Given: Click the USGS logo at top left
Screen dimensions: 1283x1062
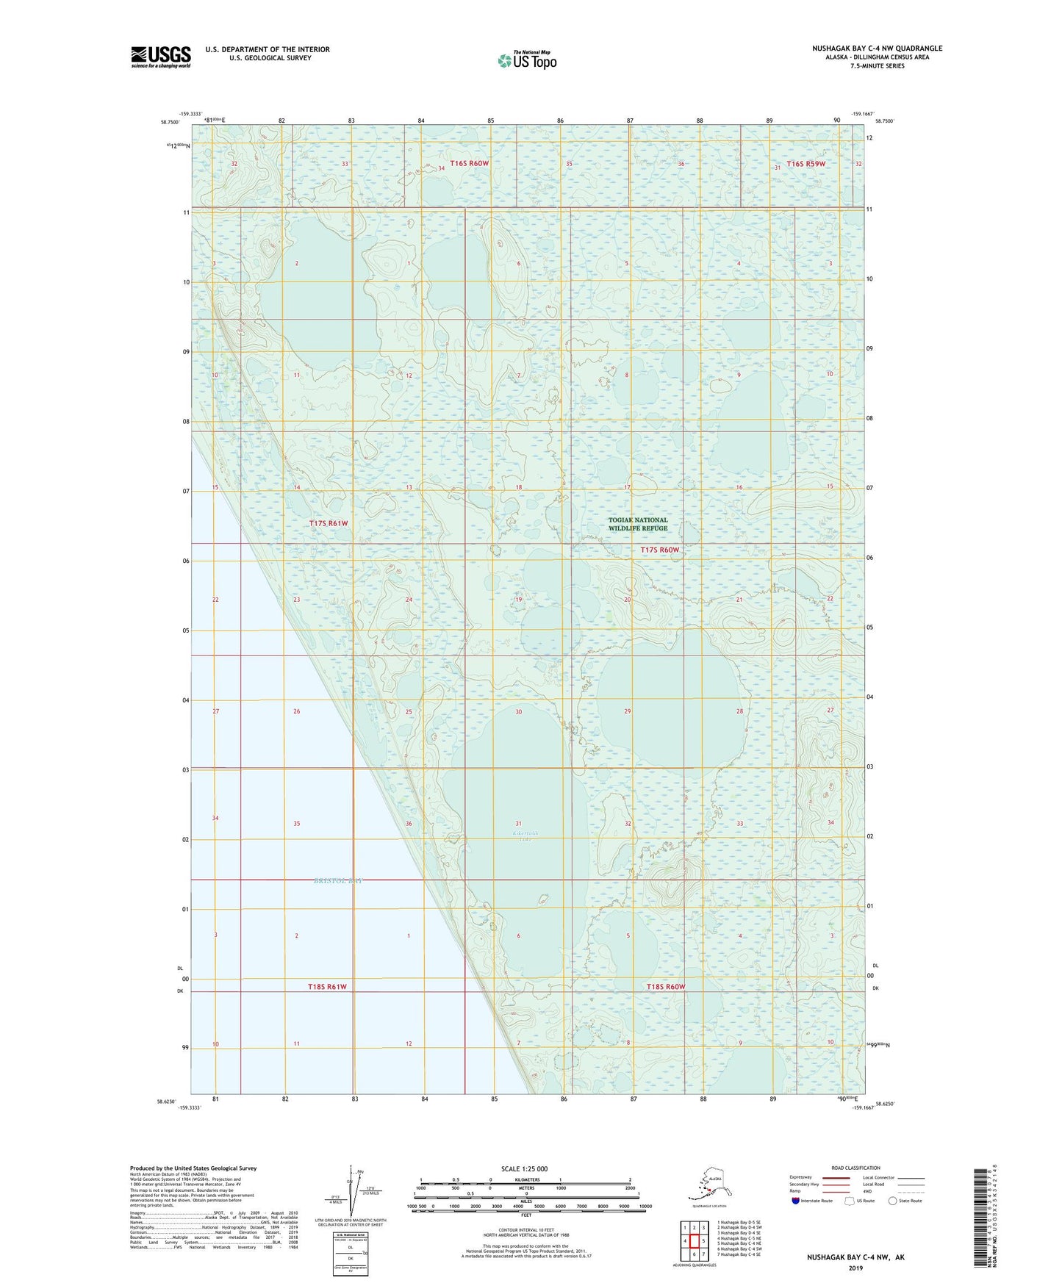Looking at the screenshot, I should pos(161,57).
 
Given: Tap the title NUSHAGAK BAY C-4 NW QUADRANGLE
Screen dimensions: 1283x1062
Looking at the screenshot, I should pos(877,48).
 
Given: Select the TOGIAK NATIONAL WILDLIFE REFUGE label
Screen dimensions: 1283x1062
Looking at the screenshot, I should pos(638,524).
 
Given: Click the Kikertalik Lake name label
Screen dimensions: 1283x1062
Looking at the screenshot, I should pos(521,836).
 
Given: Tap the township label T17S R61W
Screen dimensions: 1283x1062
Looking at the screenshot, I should pos(329,523).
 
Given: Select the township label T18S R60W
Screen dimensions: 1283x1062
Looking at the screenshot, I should pos(665,987).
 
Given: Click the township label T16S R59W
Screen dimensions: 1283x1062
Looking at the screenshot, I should pos(806,164).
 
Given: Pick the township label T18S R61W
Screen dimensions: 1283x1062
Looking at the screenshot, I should pos(327,987).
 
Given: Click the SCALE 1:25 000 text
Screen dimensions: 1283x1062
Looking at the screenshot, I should pos(525,1169).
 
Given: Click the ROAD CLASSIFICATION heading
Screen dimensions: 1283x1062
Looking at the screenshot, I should pos(855,1168).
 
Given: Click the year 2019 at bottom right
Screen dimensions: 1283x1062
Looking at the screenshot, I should pos(855,1268).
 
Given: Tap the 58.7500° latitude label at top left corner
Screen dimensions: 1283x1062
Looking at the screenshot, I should pos(169,122).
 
